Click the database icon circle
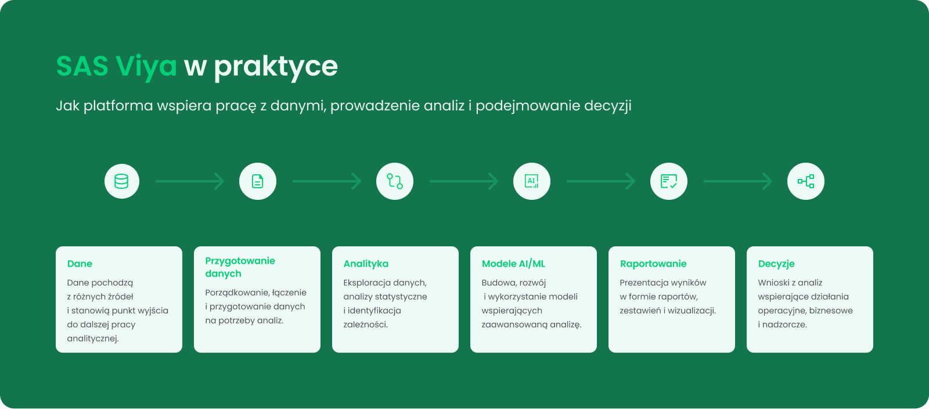coord(121,181)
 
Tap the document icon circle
coord(258,181)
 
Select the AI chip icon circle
coord(532,181)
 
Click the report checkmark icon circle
coord(668,181)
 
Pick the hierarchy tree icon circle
coord(806,181)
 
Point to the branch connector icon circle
coord(394,181)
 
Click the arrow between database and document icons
coord(190,181)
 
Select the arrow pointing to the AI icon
coord(464,181)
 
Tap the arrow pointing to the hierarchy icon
coord(738,181)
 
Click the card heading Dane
coord(80,264)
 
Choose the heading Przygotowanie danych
coord(240,267)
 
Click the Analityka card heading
coord(366,264)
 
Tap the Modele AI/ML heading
coord(513,264)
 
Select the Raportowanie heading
coord(653,264)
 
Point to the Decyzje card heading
coord(776,264)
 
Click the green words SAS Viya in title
coord(117,66)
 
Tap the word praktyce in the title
coord(276,66)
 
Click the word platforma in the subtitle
coord(118,106)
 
